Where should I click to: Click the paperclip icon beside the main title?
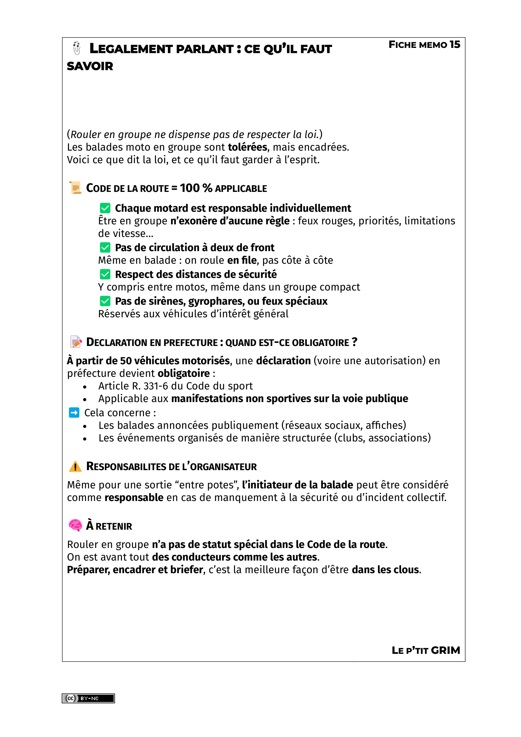pyautogui.click(x=76, y=48)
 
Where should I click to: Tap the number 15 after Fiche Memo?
pyautogui.click(x=455, y=44)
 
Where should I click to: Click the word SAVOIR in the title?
pyautogui.click(x=90, y=66)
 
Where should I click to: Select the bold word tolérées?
pyautogui.click(x=247, y=147)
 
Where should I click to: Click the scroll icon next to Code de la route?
pyautogui.click(x=75, y=188)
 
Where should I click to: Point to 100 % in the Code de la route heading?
pyautogui.click(x=196, y=188)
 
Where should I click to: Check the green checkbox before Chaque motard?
pyautogui.click(x=105, y=208)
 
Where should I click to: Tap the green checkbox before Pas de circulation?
pyautogui.click(x=105, y=247)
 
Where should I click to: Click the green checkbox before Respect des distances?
pyautogui.click(x=105, y=274)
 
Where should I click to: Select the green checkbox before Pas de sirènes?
pyautogui.click(x=105, y=301)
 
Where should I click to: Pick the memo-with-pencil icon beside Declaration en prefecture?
pyautogui.click(x=76, y=342)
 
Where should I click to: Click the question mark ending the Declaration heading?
pyautogui.click(x=354, y=342)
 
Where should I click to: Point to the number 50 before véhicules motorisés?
pyautogui.click(x=126, y=361)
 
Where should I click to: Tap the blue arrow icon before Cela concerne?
pyautogui.click(x=74, y=412)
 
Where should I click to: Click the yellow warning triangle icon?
pyautogui.click(x=75, y=466)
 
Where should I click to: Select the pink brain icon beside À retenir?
pyautogui.click(x=75, y=526)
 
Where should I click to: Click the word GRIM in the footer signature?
pyautogui.click(x=445, y=650)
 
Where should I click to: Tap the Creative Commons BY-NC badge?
pyautogui.click(x=88, y=698)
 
